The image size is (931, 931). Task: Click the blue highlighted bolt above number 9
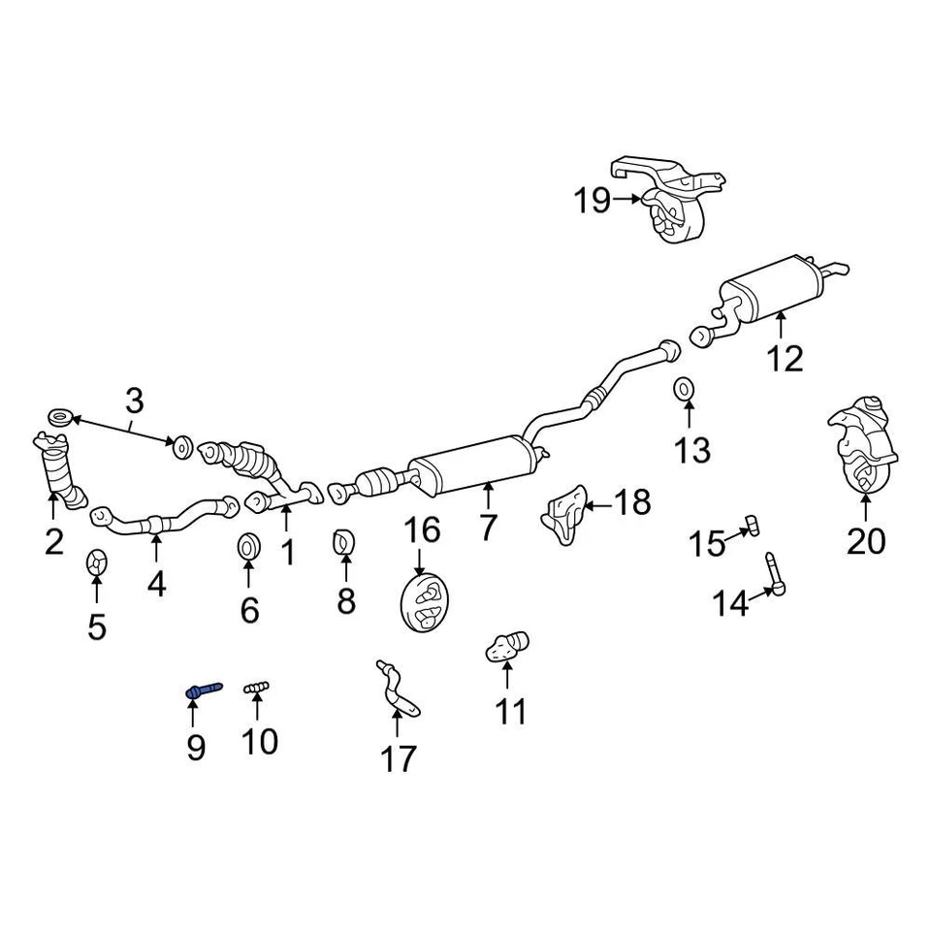coord(203,690)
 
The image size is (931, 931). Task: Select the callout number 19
coord(592,201)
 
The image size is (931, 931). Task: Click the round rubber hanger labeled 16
coord(424,604)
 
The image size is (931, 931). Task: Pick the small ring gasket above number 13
coord(684,389)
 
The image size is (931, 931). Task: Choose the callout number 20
coord(866,540)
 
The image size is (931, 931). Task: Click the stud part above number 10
coord(256,688)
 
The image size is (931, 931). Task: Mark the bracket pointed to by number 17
coord(398,690)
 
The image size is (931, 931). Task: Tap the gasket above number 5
coord(96,562)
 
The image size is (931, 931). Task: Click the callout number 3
coord(134,399)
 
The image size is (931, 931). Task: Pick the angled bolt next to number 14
coord(776,571)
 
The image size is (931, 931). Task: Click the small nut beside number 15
coord(751,525)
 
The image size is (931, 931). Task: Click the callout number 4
coord(156,584)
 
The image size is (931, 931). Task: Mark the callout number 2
coord(53,541)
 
